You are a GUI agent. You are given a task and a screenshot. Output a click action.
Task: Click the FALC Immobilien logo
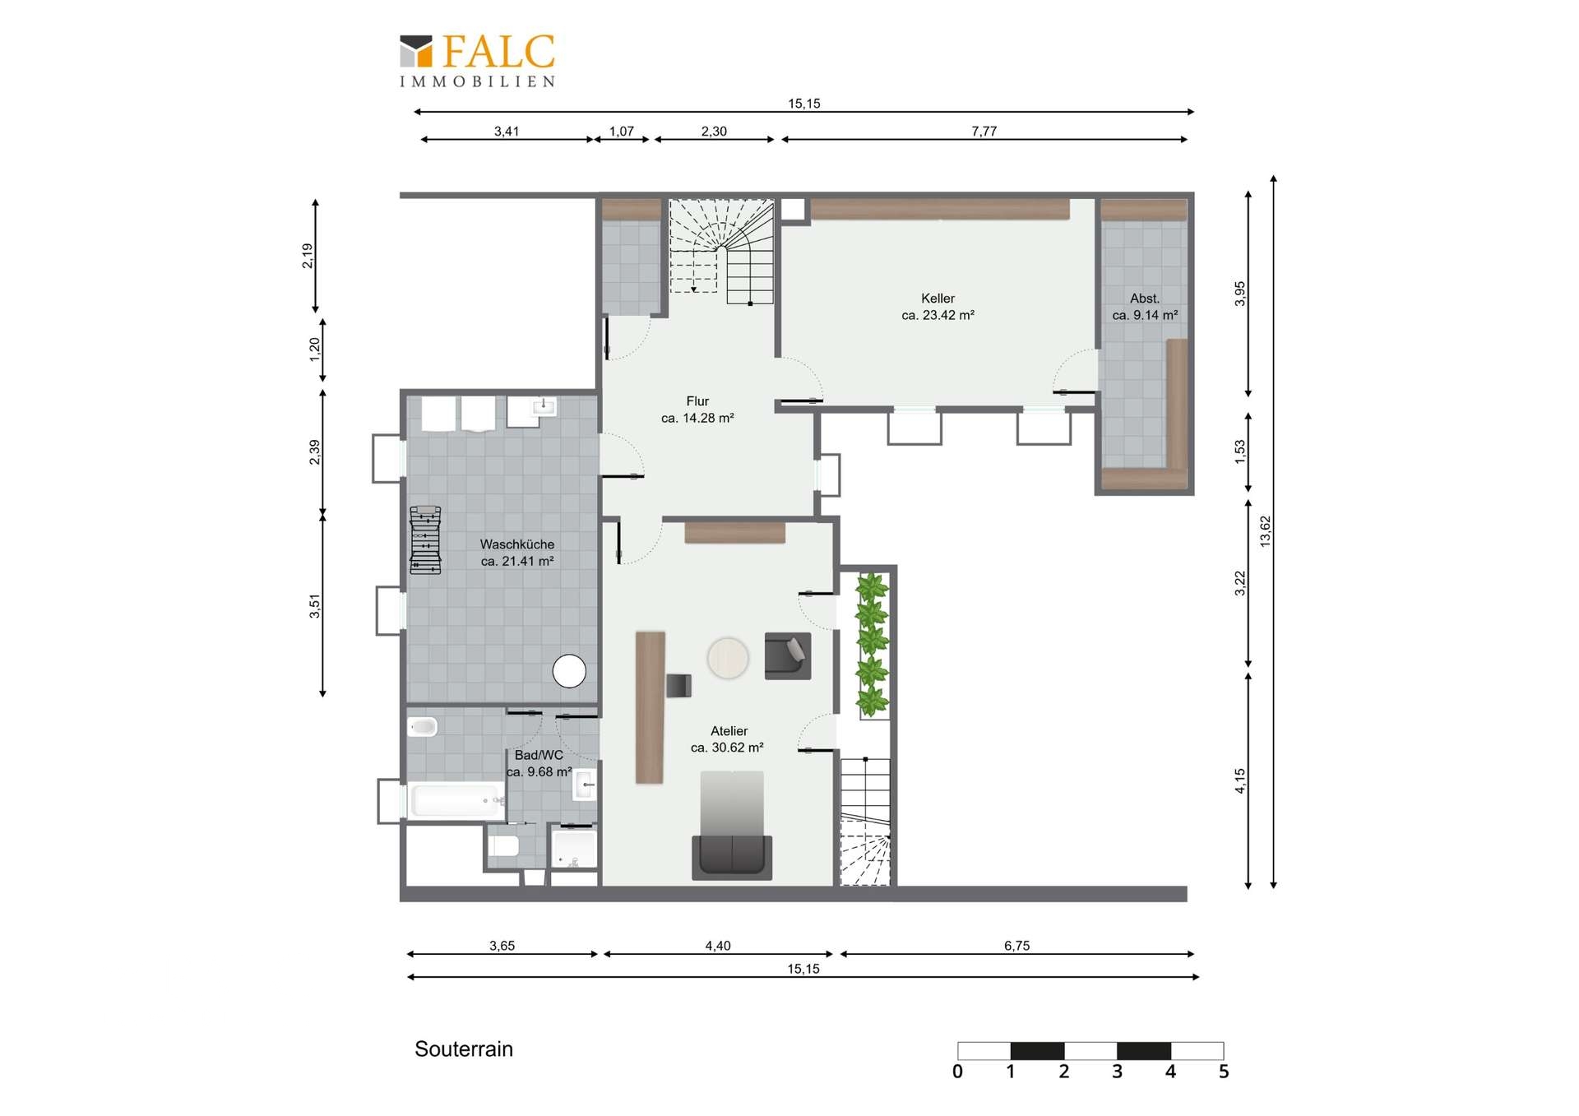(x=477, y=59)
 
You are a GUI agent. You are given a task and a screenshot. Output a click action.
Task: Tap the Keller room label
(x=938, y=306)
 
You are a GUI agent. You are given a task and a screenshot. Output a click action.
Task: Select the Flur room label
(x=697, y=409)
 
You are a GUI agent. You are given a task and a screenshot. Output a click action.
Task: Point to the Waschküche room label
(x=517, y=552)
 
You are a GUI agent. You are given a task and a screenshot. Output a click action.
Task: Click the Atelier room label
(x=728, y=739)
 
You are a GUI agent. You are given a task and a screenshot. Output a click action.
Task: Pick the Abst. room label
(x=1145, y=306)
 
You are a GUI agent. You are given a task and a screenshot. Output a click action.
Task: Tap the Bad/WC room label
(x=539, y=762)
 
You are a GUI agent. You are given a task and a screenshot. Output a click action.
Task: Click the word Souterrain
(x=464, y=1049)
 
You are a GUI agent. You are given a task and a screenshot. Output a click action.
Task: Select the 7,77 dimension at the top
(x=984, y=131)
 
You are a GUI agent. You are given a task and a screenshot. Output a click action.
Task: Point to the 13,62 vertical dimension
(x=1265, y=531)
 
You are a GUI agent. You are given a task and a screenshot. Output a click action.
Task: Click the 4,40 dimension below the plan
(x=718, y=946)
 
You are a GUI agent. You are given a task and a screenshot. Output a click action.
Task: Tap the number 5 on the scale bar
(x=1223, y=1072)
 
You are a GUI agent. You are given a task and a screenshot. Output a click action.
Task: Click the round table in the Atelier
(x=728, y=658)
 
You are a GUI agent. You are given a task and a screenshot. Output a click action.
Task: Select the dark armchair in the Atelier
(x=788, y=655)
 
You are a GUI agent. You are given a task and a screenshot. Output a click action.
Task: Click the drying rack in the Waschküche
(x=425, y=539)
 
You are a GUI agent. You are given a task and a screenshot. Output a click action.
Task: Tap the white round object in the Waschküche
(x=569, y=671)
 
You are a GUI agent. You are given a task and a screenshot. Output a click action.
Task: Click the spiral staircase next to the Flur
(x=721, y=251)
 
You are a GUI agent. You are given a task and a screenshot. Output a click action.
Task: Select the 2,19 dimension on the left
(x=307, y=256)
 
